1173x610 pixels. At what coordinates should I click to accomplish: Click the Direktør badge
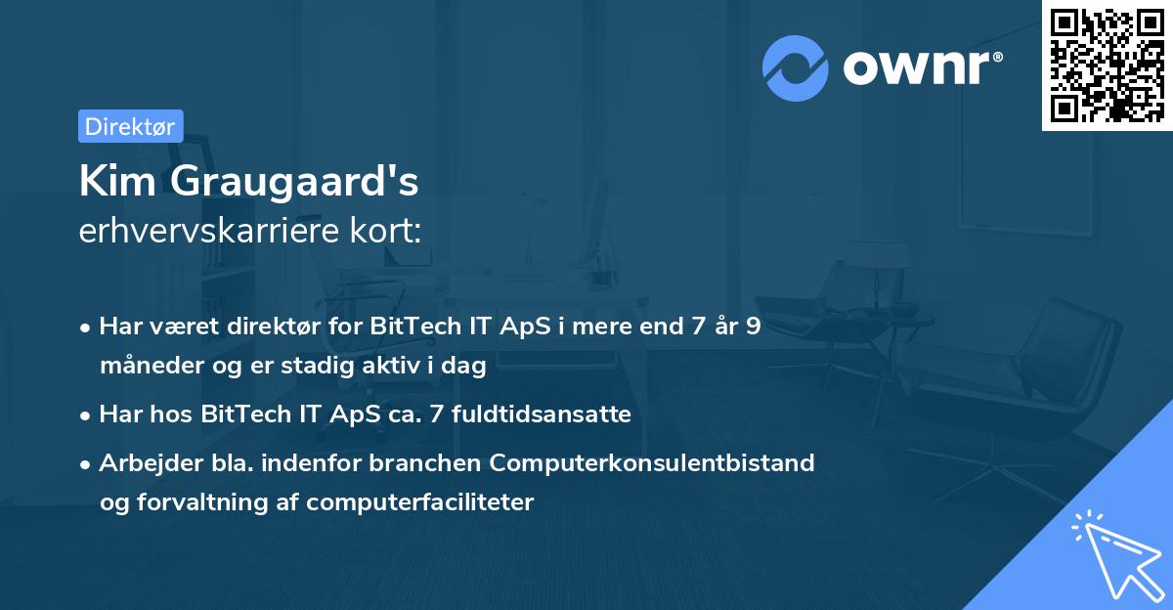pyautogui.click(x=130, y=126)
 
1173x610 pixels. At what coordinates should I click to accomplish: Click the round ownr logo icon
pyautogui.click(x=796, y=68)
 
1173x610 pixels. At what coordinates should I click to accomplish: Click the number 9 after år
pyautogui.click(x=753, y=327)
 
